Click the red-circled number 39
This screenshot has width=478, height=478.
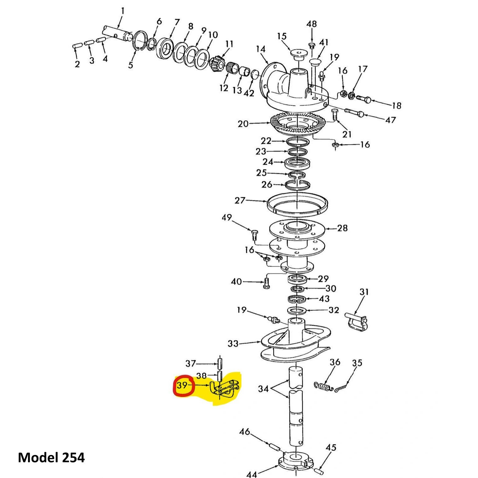pos(182,385)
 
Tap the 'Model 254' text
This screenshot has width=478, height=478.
pos(51,457)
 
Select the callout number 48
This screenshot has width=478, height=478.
pos(311,24)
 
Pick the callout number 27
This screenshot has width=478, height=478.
pos(240,200)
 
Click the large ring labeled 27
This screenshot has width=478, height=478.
pos(298,204)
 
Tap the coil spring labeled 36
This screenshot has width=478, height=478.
pos(324,386)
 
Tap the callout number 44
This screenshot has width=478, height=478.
pos(251,474)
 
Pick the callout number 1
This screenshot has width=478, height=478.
pos(122,11)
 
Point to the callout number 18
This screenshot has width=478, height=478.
pos(396,106)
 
